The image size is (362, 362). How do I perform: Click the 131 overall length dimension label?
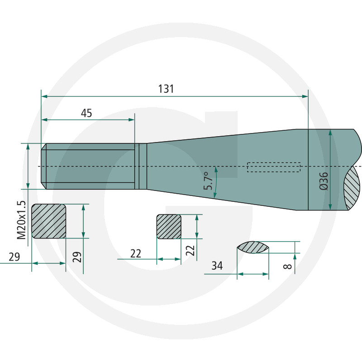click(x=166, y=89)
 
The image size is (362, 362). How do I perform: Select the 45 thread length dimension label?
click(x=86, y=113)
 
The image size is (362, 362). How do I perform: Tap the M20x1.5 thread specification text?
click(x=21, y=220)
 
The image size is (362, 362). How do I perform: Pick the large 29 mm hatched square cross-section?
click(x=49, y=221)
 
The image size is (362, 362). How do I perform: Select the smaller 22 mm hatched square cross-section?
click(x=169, y=227)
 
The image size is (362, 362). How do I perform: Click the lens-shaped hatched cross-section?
click(x=253, y=248)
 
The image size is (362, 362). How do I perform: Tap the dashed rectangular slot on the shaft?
click(x=274, y=167)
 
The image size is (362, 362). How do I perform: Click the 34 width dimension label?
click(x=217, y=266)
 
